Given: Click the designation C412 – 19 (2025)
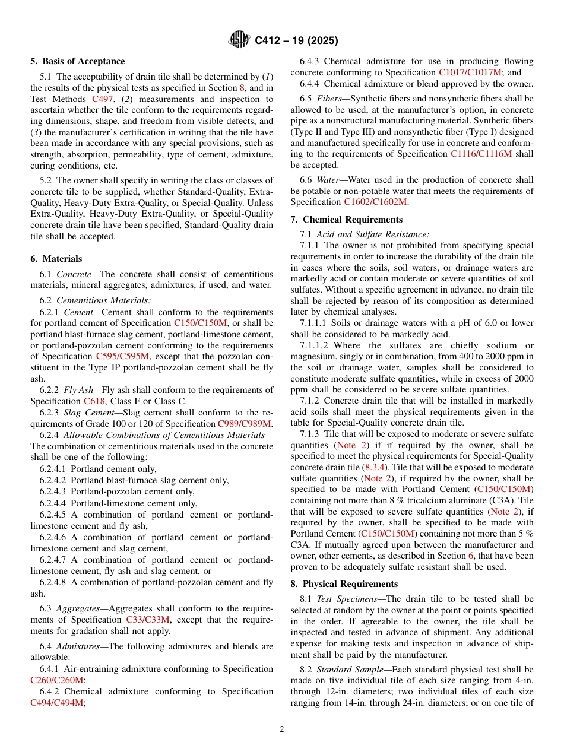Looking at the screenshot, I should [296, 41].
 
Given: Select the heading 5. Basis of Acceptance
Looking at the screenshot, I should [78, 61].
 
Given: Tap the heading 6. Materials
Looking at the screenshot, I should [56, 259].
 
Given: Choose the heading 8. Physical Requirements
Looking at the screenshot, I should [344, 584].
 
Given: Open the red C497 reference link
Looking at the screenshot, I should [103, 99].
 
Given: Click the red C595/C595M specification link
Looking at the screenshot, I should [122, 356].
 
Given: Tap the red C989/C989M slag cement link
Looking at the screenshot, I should [245, 424].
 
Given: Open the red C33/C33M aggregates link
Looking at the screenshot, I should [148, 620].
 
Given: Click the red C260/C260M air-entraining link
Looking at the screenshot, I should [57, 680].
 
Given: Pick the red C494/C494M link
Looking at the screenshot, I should [57, 703].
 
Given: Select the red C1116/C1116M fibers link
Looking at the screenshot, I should [481, 154].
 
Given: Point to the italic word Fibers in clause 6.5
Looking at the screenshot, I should [329, 98].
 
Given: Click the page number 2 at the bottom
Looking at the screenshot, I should [282, 729].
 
